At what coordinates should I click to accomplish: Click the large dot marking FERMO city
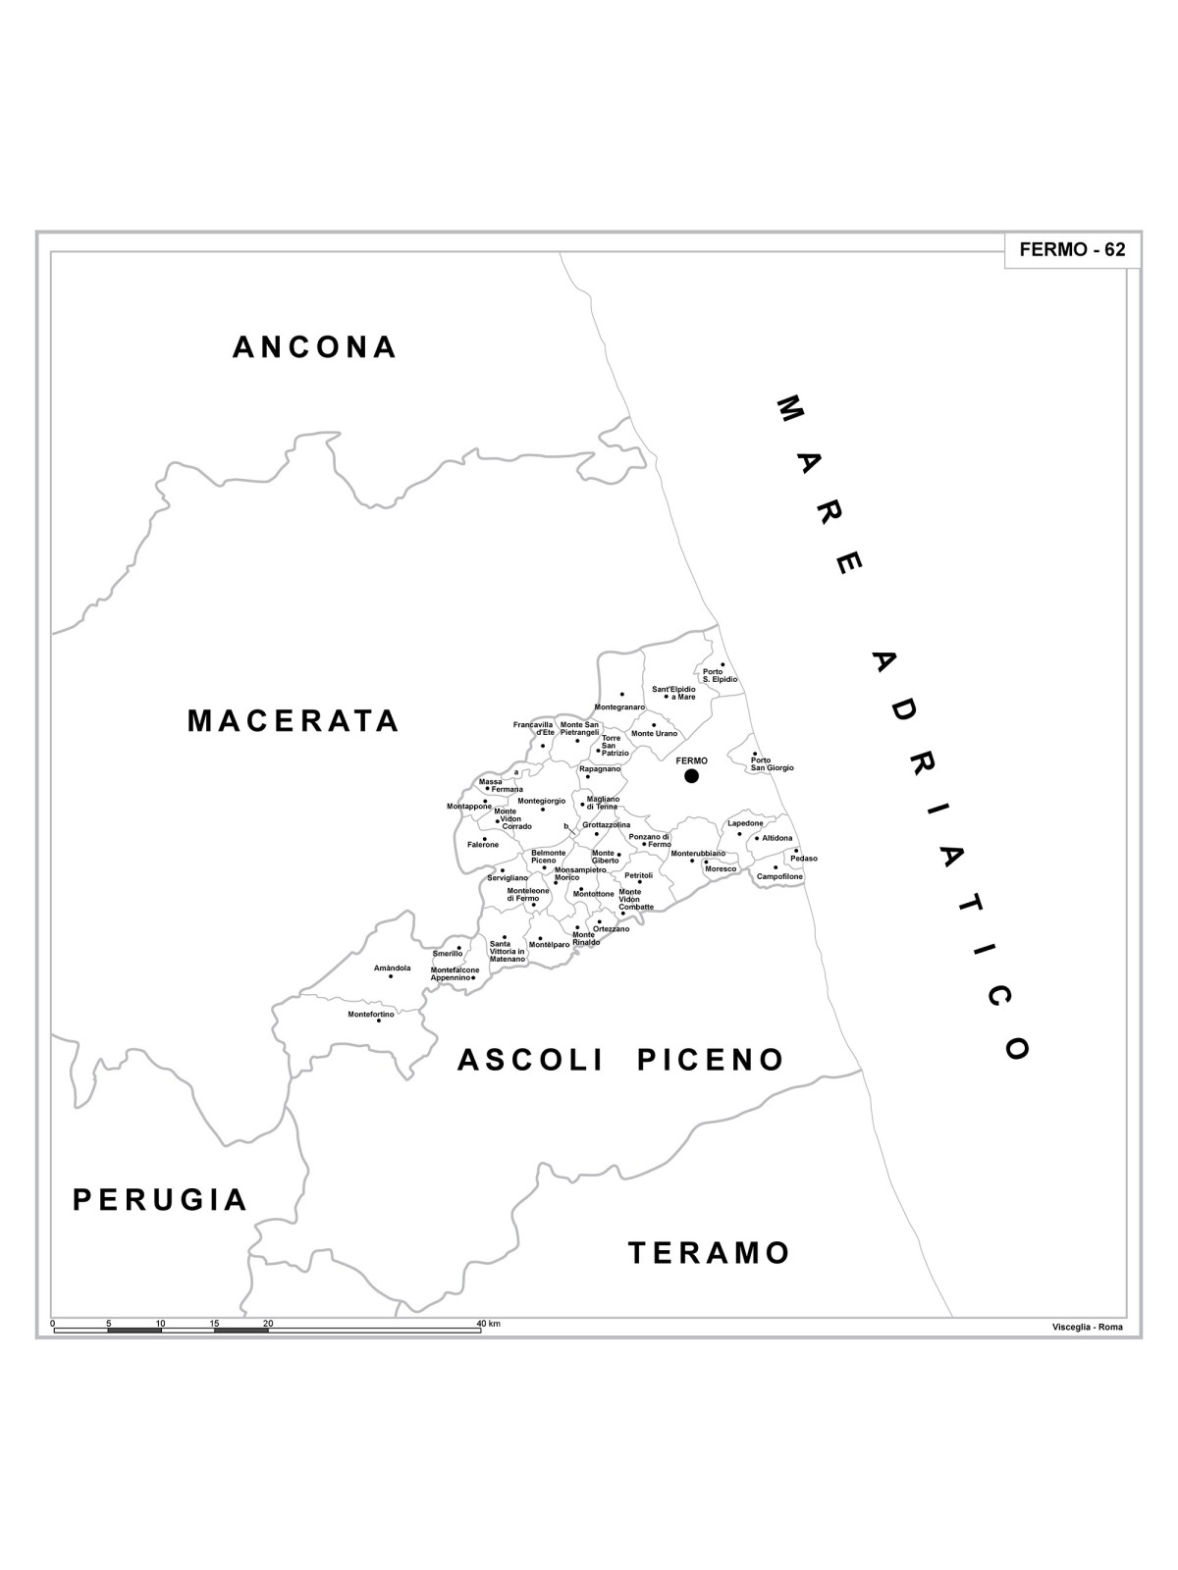(x=691, y=776)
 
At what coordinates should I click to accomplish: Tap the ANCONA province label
(x=315, y=347)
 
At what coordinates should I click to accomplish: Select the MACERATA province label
(x=294, y=721)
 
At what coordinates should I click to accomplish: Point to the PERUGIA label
(x=160, y=1199)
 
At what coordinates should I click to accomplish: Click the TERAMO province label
(x=709, y=1253)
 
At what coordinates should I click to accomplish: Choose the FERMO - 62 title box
(x=1072, y=250)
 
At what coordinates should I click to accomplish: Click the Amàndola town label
(x=393, y=968)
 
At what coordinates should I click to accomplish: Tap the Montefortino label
(x=371, y=1014)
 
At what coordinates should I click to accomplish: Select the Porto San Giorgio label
(x=772, y=763)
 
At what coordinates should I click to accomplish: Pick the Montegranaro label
(x=619, y=706)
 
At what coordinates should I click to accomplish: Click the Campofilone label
(x=779, y=876)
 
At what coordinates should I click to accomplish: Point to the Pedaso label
(x=803, y=859)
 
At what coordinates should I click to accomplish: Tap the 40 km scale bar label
(x=488, y=1324)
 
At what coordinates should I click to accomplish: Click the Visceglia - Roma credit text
(x=1087, y=1328)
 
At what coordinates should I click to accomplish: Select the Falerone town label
(x=483, y=845)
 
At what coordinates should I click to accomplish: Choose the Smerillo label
(x=448, y=954)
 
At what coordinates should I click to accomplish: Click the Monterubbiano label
(x=698, y=854)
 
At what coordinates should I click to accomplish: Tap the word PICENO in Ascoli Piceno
(x=711, y=1060)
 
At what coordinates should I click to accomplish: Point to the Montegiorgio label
(x=542, y=801)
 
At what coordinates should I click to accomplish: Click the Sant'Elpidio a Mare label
(x=673, y=693)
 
